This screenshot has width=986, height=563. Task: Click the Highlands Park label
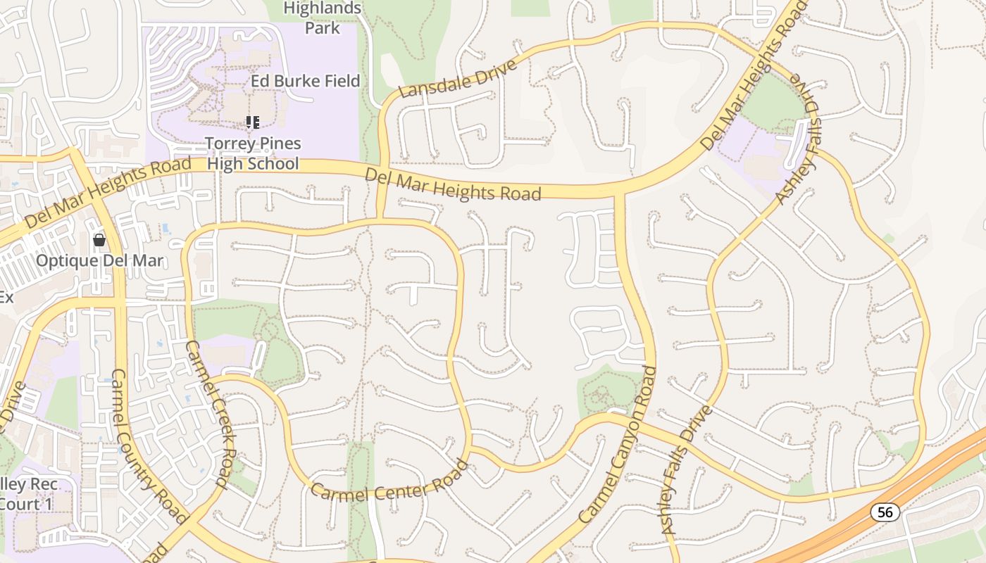pyautogui.click(x=323, y=18)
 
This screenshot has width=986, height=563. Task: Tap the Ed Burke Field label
pyautogui.click(x=305, y=81)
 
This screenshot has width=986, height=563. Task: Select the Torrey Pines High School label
pyautogui.click(x=253, y=153)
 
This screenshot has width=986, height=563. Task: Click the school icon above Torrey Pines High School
pyautogui.click(x=253, y=122)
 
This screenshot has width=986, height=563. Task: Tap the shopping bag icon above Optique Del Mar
pyautogui.click(x=99, y=241)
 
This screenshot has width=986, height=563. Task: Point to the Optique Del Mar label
pyautogui.click(x=99, y=261)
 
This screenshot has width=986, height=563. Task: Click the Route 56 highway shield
pyautogui.click(x=885, y=512)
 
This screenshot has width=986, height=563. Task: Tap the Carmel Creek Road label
pyautogui.click(x=208, y=414)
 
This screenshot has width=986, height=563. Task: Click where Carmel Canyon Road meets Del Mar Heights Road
pyautogui.click(x=619, y=192)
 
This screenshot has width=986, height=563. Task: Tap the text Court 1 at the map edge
pyautogui.click(x=28, y=504)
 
